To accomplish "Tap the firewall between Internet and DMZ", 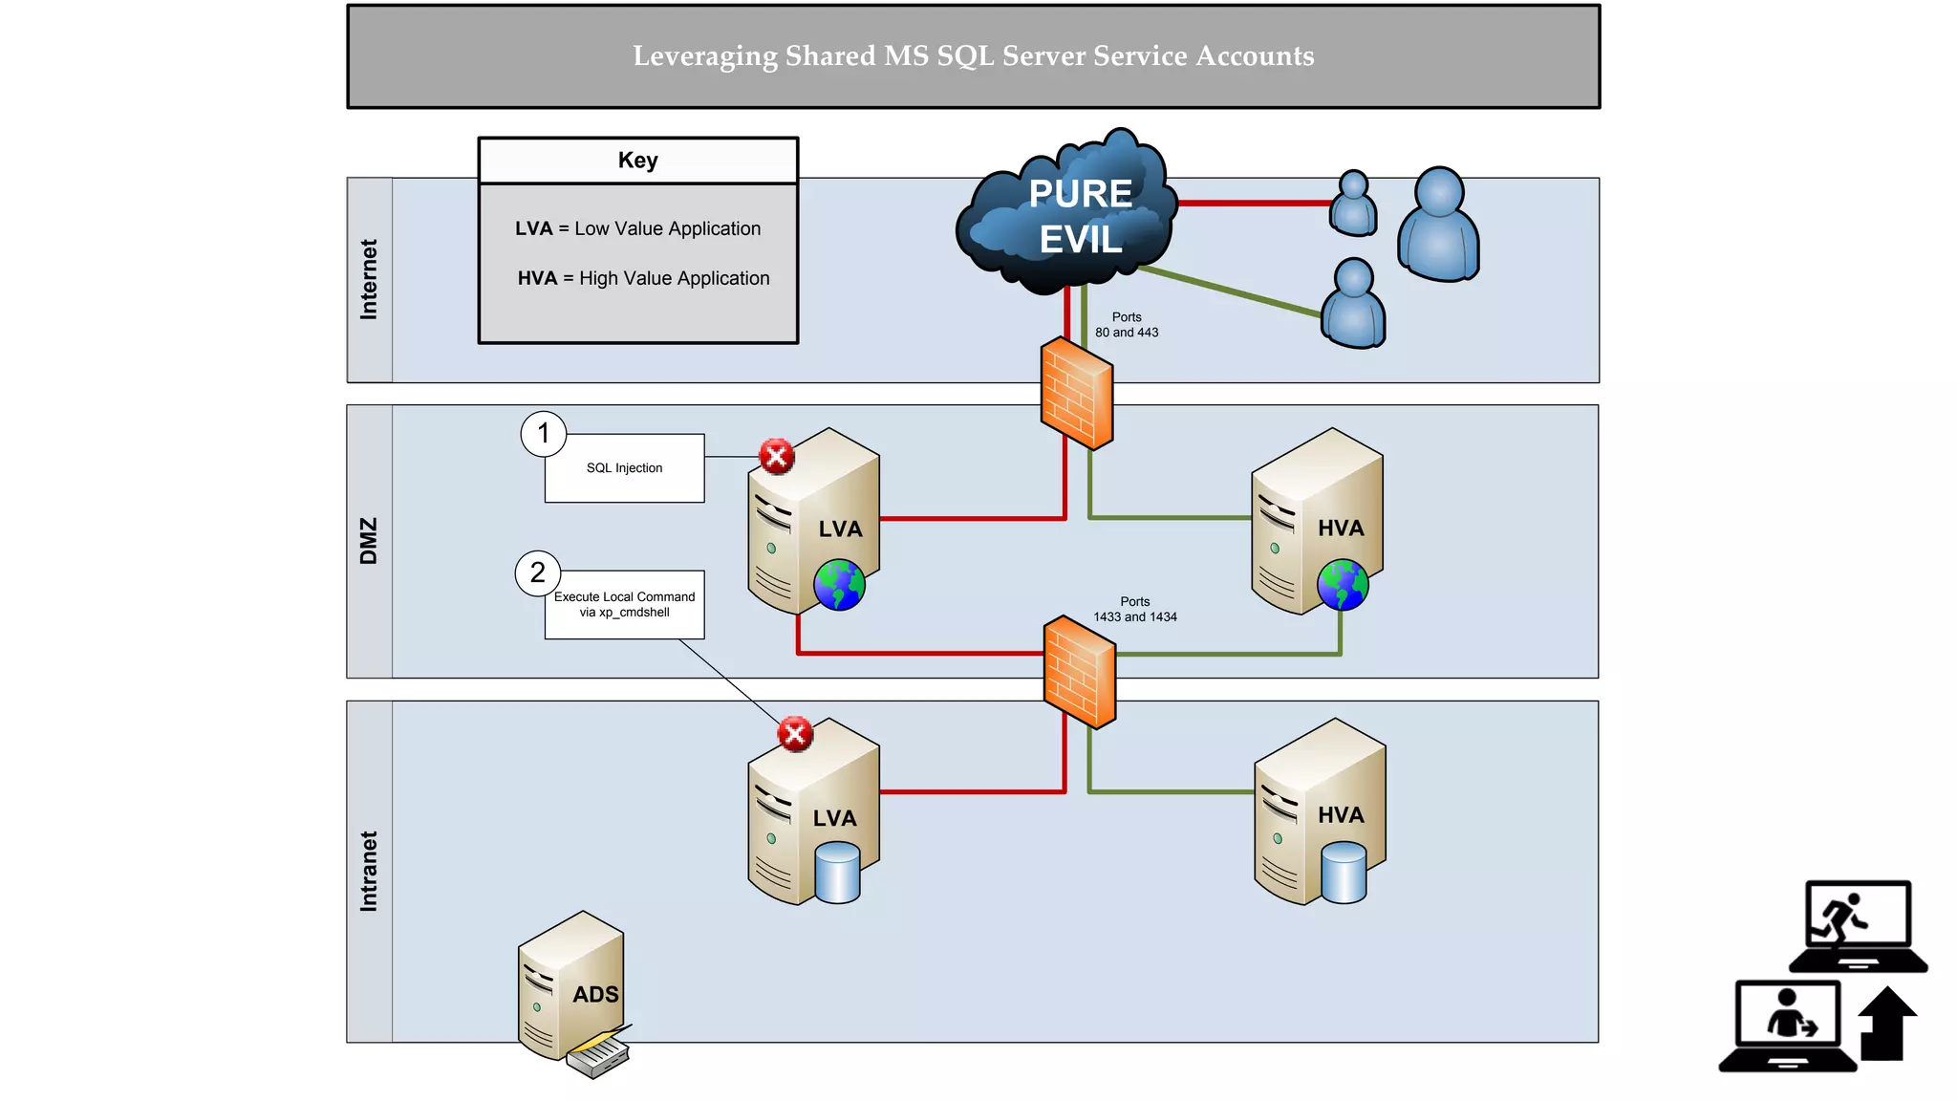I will (1077, 394).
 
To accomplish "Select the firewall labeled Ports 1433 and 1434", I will (1080, 672).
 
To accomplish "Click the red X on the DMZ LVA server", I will (777, 457).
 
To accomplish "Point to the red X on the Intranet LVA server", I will (795, 734).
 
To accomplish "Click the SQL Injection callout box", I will (624, 468).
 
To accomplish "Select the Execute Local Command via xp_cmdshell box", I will (624, 605).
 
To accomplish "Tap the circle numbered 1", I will (544, 434).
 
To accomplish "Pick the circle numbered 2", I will (538, 572).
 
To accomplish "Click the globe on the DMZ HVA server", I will (1343, 585).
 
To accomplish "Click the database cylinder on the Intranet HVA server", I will (1344, 873).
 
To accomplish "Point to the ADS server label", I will (595, 995).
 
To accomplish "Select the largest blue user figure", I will (1438, 226).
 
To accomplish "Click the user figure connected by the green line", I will (1354, 304).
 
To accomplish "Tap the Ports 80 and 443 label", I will (1127, 325).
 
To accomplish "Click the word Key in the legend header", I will (637, 161).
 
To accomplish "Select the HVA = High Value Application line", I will (643, 278).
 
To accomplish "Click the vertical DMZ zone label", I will (369, 541).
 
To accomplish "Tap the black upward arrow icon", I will (1886, 1025).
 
